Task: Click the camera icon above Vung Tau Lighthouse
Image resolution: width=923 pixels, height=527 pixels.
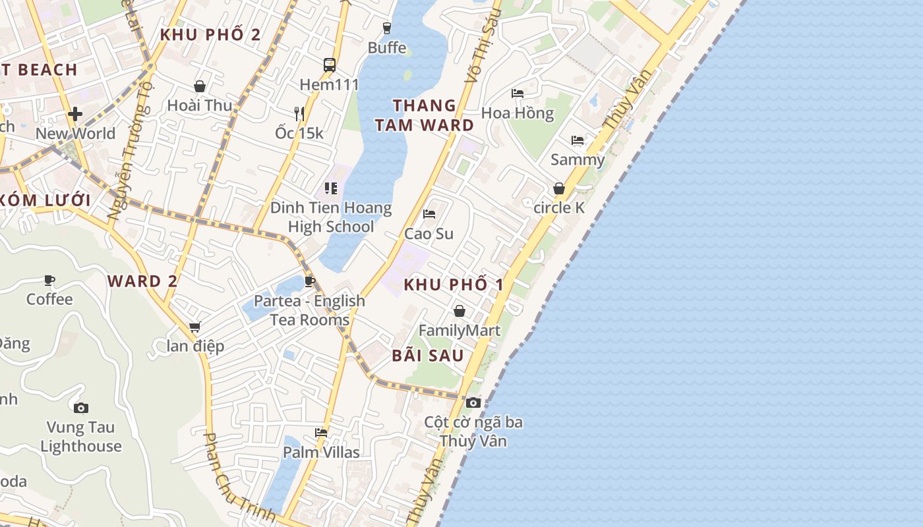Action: [81, 408]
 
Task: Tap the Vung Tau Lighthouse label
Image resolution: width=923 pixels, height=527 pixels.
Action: [81, 437]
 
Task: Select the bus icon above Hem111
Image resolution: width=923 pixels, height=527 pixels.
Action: [330, 65]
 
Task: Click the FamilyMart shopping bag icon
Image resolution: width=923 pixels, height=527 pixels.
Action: [460, 310]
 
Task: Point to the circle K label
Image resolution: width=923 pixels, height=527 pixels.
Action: [559, 208]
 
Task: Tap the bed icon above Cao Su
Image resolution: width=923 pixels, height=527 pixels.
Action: [429, 214]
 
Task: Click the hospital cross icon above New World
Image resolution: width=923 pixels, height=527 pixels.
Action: [75, 114]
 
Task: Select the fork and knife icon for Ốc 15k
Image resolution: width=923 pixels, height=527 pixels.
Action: [299, 113]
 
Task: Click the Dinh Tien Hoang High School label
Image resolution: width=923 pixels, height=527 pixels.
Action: [331, 217]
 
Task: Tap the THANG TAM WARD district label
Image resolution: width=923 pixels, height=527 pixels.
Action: [425, 115]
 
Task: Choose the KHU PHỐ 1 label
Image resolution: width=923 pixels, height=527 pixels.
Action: [454, 285]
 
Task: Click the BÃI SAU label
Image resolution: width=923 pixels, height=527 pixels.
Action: [428, 355]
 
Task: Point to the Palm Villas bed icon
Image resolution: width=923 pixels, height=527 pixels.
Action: [321, 433]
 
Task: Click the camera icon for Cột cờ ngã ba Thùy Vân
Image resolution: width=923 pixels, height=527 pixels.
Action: [473, 402]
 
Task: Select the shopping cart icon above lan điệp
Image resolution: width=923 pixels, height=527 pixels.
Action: [194, 327]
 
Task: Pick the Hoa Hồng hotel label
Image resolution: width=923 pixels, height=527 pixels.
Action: [518, 113]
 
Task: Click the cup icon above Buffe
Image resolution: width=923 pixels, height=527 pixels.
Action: [387, 28]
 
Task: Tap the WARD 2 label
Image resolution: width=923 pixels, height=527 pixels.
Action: [142, 281]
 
